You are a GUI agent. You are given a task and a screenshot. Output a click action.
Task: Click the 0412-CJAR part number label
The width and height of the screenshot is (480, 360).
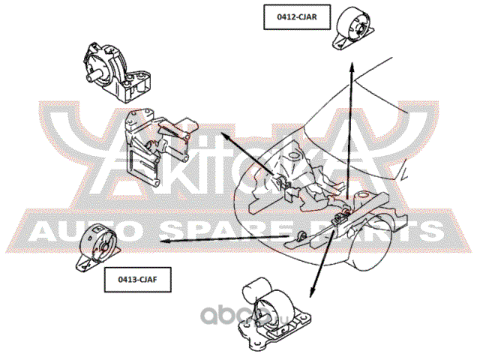(x=297, y=17)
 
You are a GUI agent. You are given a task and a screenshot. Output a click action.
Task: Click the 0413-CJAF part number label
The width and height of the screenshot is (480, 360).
(x=137, y=280)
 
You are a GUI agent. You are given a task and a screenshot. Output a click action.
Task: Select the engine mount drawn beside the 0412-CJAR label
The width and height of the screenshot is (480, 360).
(x=353, y=28)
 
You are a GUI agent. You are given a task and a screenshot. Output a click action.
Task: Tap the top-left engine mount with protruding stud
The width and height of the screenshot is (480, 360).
(x=116, y=72)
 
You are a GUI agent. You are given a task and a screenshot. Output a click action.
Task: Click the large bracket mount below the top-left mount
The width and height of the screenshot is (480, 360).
(x=157, y=146)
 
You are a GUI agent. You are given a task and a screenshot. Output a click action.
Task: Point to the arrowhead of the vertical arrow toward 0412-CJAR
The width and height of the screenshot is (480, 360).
(x=352, y=67)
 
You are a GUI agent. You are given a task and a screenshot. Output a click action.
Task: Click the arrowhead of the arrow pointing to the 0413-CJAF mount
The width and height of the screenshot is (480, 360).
(x=166, y=241)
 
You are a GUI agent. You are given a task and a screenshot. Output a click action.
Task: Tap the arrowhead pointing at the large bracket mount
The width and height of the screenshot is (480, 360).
(x=226, y=136)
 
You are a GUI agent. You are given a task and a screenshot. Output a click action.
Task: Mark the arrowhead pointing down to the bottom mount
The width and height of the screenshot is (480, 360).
(x=312, y=292)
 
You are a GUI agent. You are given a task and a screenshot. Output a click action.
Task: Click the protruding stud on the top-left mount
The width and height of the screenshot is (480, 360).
(x=92, y=76)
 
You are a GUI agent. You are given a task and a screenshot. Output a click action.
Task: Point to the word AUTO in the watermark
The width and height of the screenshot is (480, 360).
(x=82, y=231)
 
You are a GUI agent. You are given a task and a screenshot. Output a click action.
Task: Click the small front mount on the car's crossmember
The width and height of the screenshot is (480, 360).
(x=302, y=236)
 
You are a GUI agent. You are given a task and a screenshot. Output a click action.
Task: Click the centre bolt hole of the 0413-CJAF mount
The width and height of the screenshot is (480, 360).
(x=104, y=247)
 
